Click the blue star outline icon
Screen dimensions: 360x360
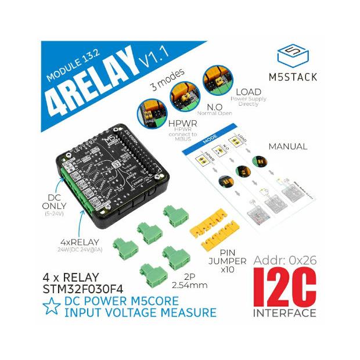tap(52, 306)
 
